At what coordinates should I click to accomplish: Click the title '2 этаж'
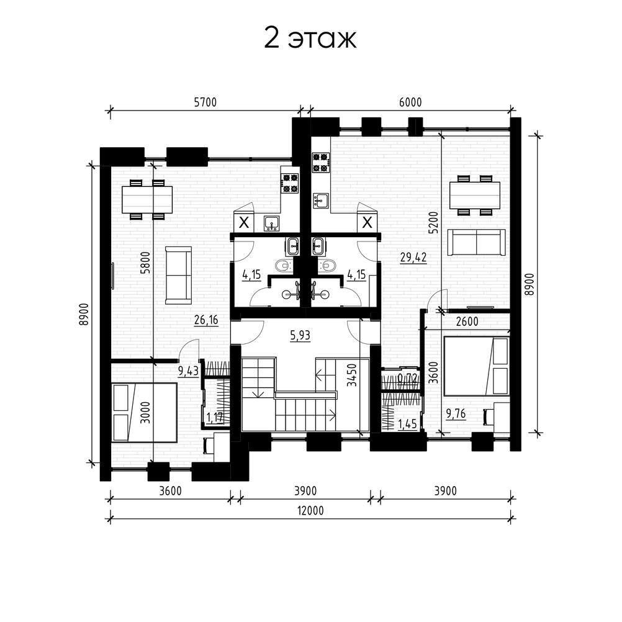(310, 39)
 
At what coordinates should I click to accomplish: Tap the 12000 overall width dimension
(310, 510)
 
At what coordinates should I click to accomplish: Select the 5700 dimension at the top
(205, 102)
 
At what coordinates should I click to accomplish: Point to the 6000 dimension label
(410, 102)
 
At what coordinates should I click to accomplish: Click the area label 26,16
(206, 319)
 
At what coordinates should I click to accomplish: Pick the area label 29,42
(413, 258)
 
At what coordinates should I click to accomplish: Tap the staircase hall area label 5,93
(300, 336)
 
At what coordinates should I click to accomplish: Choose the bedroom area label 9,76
(456, 414)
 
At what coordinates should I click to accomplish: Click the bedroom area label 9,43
(188, 371)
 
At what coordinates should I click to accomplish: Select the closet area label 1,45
(407, 424)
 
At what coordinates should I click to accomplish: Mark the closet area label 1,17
(215, 417)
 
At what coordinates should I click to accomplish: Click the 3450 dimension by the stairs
(351, 375)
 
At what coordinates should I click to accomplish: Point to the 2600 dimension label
(467, 322)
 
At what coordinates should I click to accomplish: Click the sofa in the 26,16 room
(179, 275)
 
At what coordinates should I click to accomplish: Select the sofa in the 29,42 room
(476, 242)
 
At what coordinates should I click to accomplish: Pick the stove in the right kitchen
(321, 163)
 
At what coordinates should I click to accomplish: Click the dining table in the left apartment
(146, 199)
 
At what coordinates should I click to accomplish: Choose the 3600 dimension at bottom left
(170, 491)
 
